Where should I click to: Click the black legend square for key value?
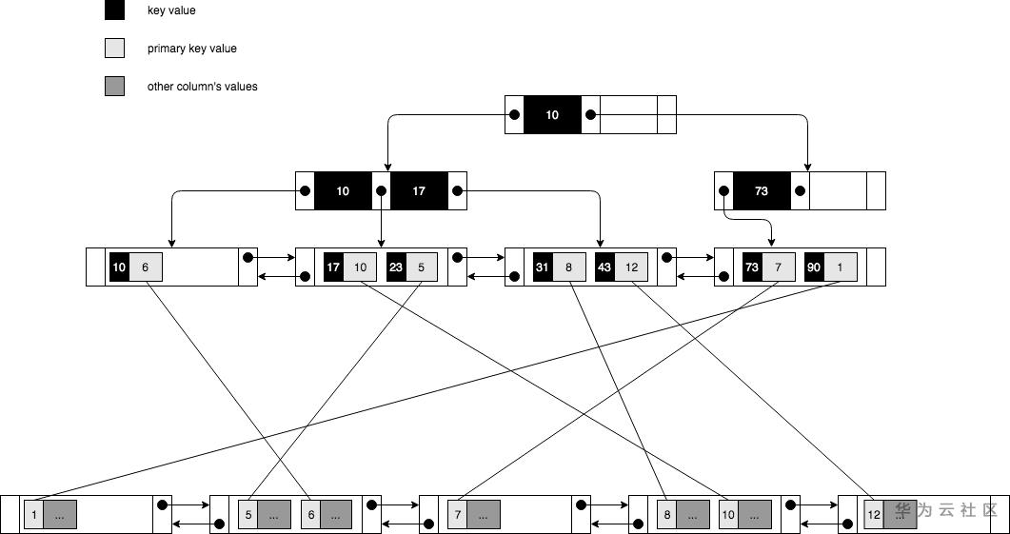coord(114,10)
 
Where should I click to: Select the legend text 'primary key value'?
coord(192,49)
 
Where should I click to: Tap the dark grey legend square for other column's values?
coord(114,87)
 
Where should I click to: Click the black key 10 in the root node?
coord(552,114)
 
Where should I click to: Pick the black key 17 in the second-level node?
coord(419,190)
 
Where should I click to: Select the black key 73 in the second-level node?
coord(762,190)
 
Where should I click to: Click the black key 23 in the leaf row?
coord(396,267)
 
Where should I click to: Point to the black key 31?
coord(543,267)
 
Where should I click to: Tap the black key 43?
coord(604,267)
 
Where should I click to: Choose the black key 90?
coord(814,267)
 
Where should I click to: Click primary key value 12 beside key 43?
coord(631,267)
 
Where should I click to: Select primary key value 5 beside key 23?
coord(422,267)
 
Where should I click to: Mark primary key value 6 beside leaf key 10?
coord(145,267)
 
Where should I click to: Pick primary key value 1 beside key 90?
coord(841,267)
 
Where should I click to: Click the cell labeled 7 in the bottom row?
coord(457,515)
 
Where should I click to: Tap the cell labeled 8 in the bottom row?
coord(667,515)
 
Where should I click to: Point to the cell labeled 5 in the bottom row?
coord(248,515)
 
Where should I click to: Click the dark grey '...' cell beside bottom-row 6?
coord(336,515)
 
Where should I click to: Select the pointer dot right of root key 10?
coord(590,114)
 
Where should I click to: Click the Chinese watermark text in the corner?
coord(945,510)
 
